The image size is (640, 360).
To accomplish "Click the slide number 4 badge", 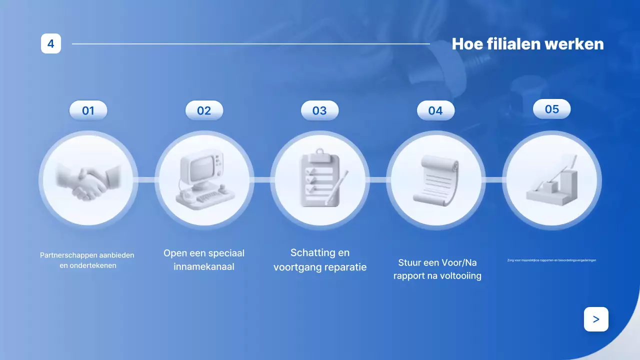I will [51, 43].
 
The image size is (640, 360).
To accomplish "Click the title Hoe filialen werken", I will [527, 44].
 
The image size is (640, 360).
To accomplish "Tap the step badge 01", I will [88, 110].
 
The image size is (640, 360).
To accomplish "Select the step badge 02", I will [204, 110].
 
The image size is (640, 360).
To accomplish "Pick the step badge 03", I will [319, 110].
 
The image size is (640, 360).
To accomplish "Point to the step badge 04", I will [435, 110].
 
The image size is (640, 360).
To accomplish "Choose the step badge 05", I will [551, 109].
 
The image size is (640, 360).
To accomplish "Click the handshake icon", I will [88, 180].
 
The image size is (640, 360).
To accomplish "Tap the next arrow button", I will [596, 319].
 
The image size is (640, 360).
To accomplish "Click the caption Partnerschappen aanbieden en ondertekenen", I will [87, 260].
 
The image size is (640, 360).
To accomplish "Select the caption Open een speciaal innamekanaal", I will [204, 259].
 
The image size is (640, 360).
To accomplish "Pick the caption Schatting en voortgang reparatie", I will [320, 259].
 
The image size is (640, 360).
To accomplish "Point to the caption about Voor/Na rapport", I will [437, 269].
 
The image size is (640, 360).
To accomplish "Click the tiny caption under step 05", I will [551, 260].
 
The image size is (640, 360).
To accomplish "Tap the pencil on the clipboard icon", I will [337, 187].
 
